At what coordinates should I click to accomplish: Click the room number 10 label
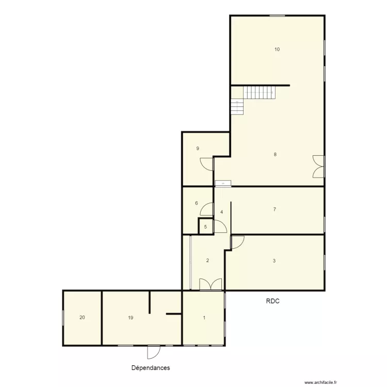point(277,50)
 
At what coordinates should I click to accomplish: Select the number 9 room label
point(197,149)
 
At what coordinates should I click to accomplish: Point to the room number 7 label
point(275,209)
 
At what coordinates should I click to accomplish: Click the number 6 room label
point(196,203)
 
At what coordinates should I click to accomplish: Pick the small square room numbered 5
point(205,227)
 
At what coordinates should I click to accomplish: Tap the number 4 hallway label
point(221,212)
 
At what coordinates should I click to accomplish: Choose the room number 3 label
point(274,261)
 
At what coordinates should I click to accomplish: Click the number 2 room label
point(207,261)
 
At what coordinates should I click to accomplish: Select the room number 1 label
point(204,318)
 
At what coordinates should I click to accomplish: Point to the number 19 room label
point(131,318)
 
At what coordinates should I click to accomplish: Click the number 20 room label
point(82,318)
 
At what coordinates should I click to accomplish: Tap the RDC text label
point(272,302)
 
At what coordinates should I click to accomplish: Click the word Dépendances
point(151,368)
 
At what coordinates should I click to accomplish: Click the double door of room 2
point(211,284)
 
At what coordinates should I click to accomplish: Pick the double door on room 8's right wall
point(318,167)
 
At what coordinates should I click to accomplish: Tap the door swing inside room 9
point(207,164)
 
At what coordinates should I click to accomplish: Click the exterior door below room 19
point(154,352)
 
